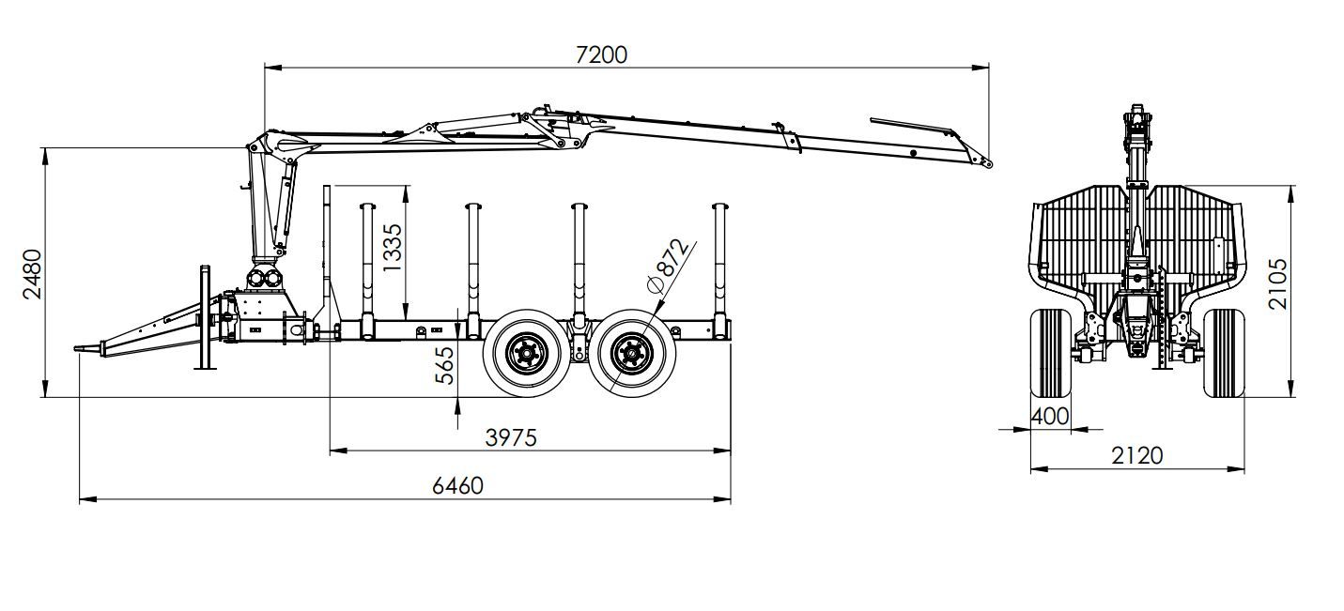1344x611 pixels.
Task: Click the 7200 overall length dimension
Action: pyautogui.click(x=600, y=53)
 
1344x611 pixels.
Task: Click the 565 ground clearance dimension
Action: pyautogui.click(x=444, y=365)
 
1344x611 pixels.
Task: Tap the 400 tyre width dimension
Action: pyautogui.click(x=1050, y=415)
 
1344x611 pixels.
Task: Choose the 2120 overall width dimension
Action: pyautogui.click(x=1136, y=455)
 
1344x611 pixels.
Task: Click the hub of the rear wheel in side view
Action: pyautogui.click(x=629, y=355)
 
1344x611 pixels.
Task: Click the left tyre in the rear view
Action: pyautogui.click(x=1051, y=353)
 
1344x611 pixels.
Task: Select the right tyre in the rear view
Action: pyautogui.click(x=1223, y=353)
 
